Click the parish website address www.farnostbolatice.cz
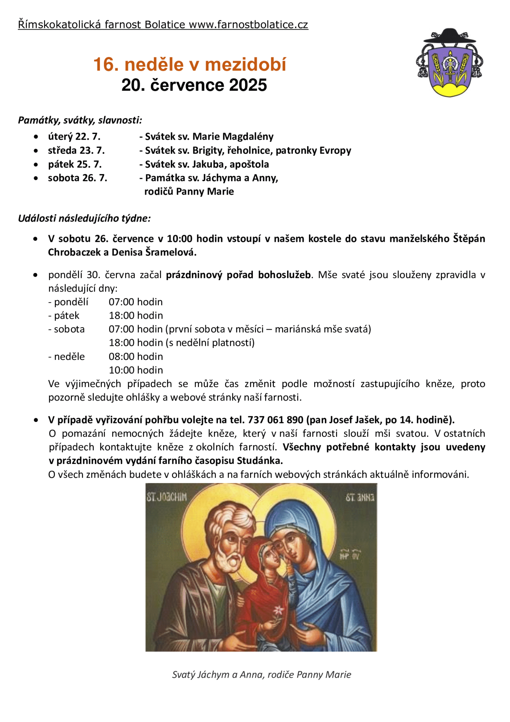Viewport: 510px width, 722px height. pos(248,25)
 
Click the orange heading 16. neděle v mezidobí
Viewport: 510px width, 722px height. pos(190,65)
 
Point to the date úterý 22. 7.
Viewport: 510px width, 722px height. pos(74,136)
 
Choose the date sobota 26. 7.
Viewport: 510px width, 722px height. pos(77,178)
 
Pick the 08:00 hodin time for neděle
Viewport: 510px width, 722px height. pos(136,356)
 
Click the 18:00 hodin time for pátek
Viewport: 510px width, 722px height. pos(136,316)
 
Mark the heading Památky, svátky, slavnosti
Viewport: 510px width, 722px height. pos(80,120)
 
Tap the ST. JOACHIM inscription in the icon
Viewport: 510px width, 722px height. pos(167,497)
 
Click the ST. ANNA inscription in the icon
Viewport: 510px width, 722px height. pos(360,498)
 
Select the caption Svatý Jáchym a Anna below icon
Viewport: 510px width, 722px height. pos(261,675)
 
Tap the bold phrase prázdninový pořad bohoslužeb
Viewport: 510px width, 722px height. pos(238,275)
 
